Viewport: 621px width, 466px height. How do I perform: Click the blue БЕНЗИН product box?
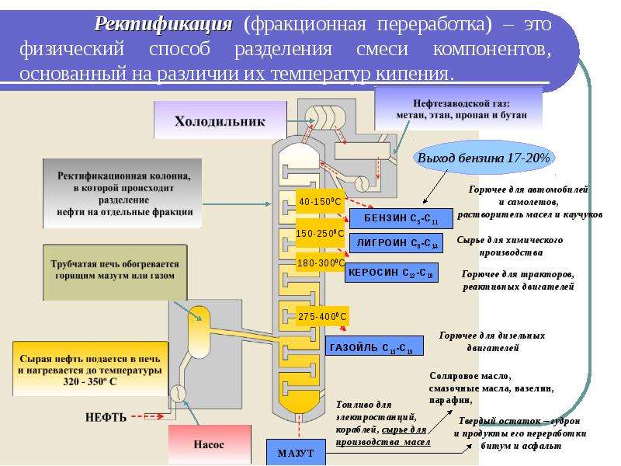coord(401,219)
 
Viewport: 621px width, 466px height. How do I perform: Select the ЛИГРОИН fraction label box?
coord(396,243)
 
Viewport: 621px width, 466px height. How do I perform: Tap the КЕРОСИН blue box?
coord(391,273)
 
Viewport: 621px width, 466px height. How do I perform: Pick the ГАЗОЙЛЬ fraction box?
coord(374,346)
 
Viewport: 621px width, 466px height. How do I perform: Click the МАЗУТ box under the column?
coord(296,452)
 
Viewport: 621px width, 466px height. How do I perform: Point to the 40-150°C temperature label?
coord(320,202)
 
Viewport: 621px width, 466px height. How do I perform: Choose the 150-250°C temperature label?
coord(320,234)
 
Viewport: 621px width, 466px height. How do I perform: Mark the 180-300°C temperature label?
coord(321,263)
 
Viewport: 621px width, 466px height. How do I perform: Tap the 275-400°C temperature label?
coord(322,317)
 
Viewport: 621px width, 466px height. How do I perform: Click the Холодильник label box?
coord(220,120)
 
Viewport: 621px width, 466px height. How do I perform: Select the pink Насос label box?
coord(210,444)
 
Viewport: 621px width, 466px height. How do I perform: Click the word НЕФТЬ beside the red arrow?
coord(106,417)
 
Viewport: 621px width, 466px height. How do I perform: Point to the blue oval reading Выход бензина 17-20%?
coord(483,158)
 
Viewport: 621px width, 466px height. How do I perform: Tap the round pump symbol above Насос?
coord(179,394)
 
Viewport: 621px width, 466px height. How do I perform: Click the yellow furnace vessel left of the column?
coord(199,332)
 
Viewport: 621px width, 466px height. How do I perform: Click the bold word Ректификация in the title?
coord(164,24)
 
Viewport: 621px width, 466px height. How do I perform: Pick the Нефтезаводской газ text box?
coord(461,110)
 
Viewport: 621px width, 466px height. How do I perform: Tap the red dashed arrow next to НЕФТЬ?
coord(147,416)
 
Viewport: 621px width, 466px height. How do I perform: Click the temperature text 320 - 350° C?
coord(90,382)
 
